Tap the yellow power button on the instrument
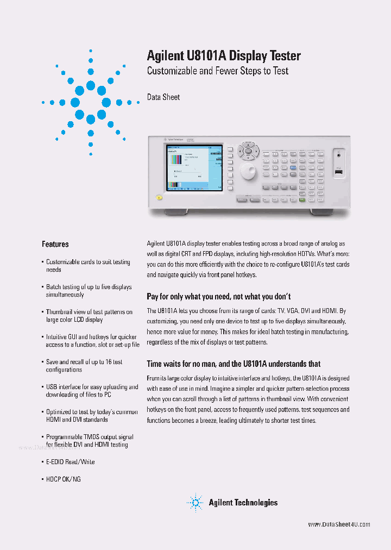tap(158, 197)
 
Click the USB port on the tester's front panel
tap(339, 172)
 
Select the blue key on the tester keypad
tap(293, 168)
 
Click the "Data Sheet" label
tap(163, 97)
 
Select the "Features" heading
tap(55, 244)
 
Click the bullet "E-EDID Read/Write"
tap(71, 461)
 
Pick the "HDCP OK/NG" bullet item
tap(63, 479)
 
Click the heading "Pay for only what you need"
tap(219, 296)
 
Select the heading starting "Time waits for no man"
tap(234, 364)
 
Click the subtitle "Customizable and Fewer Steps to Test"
tap(217, 71)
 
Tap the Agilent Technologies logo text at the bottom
tap(243, 503)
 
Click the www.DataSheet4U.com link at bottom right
tap(339, 524)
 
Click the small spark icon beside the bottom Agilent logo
tap(195, 503)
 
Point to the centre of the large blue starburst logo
tap(91, 102)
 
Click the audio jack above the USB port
tap(339, 154)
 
